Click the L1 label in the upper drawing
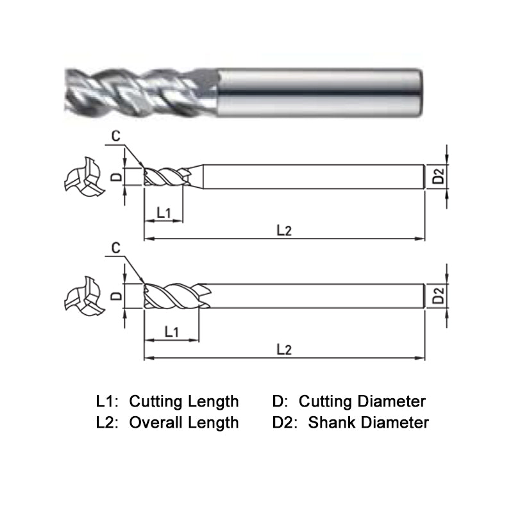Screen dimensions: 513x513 (163, 213)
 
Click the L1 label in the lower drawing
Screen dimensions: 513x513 (171, 332)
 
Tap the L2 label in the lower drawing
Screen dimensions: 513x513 (284, 349)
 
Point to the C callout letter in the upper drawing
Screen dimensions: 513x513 (115, 135)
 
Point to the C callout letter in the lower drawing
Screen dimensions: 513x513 (116, 247)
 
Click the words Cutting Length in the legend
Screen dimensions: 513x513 (184, 402)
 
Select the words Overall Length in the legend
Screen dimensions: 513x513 (184, 423)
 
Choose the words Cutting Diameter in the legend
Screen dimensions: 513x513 (362, 402)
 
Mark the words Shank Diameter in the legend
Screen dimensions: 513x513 (368, 423)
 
